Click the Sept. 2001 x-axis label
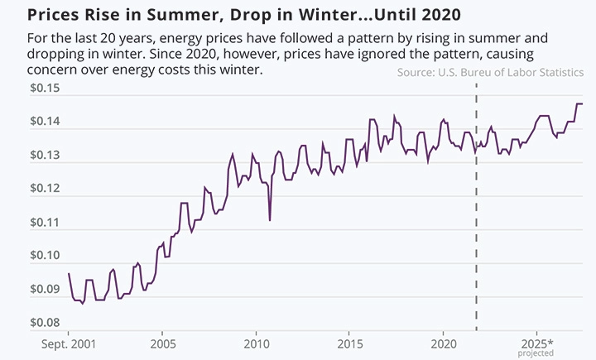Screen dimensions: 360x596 pos(68,343)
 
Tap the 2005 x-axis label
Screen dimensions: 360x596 pos(162,343)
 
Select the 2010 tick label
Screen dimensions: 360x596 pos(256,343)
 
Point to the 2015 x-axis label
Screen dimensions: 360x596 pos(350,343)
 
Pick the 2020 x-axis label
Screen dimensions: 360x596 pos(444,343)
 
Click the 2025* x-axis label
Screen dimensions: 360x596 pos(538,343)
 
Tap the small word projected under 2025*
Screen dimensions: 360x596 pos(538,353)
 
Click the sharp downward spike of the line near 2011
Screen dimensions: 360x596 pos(270,219)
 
